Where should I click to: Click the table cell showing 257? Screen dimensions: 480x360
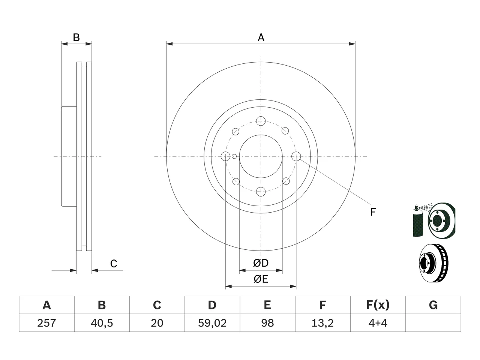point(46,323)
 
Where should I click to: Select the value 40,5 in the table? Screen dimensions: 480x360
point(102,323)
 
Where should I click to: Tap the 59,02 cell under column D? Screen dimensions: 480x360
point(212,323)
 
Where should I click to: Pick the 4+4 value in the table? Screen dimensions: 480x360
point(378,323)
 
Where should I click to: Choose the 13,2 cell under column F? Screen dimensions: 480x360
point(322,323)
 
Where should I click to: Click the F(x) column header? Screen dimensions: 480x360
point(378,305)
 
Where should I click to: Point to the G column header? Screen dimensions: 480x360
point(433,305)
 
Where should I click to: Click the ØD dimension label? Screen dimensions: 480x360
point(261,263)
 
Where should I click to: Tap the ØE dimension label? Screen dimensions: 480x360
point(261,279)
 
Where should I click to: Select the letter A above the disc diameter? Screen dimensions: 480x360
point(261,37)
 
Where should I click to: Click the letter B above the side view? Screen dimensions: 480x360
point(76,37)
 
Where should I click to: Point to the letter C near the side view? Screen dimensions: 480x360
point(114,264)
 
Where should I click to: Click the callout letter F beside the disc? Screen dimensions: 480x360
point(373,212)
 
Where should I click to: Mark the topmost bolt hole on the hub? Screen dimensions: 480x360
point(261,121)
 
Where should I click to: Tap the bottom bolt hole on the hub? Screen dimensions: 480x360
point(261,192)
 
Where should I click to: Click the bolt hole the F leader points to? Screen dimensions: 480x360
point(296,156)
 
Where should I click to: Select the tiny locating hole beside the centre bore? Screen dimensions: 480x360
point(234,156)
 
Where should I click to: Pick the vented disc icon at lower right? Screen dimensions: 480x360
point(433,263)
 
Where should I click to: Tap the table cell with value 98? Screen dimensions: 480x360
point(267,323)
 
